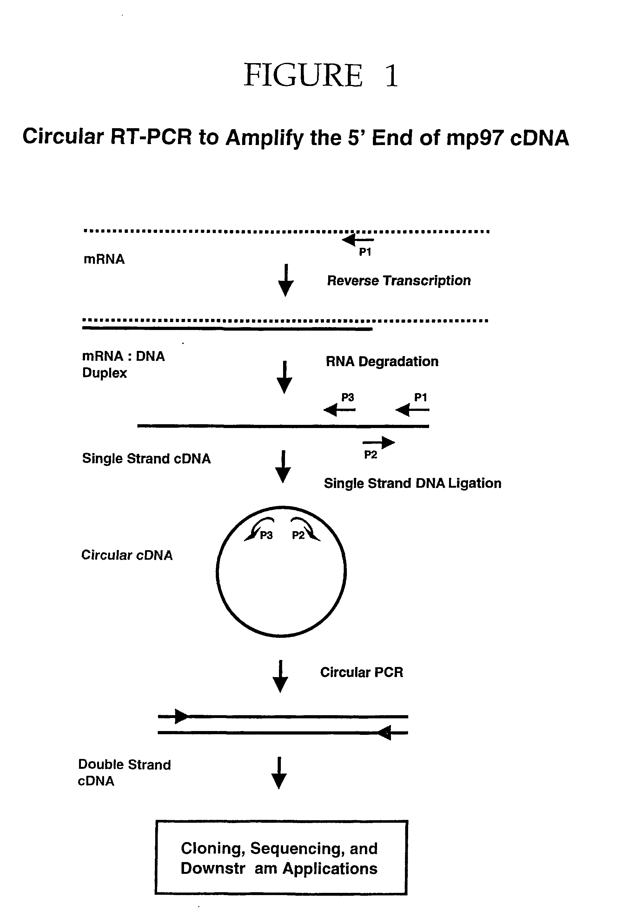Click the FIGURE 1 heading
[x=321, y=76]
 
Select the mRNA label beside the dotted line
[x=104, y=259]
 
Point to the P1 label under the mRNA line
[x=365, y=252]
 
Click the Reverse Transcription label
[x=398, y=280]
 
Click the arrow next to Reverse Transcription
[x=286, y=280]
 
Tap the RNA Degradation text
[x=381, y=361]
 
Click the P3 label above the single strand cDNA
[x=347, y=398]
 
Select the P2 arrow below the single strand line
[x=379, y=443]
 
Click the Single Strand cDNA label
[x=146, y=459]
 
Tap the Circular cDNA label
[x=127, y=555]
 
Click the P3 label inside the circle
[x=266, y=536]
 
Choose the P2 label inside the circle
[x=298, y=536]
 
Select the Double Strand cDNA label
[x=124, y=772]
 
